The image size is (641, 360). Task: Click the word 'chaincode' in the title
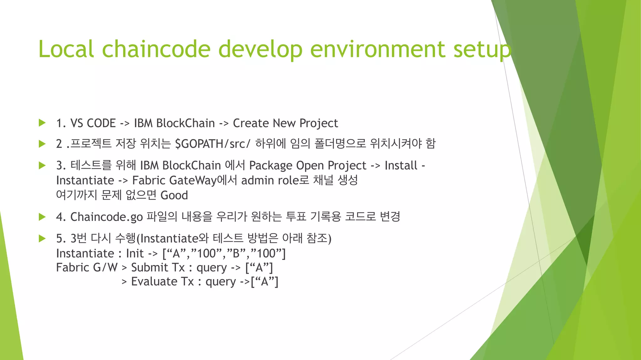tap(156, 49)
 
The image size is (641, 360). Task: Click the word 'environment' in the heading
tap(377, 49)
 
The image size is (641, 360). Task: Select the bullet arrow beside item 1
tap(42, 123)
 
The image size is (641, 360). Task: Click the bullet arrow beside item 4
tap(42, 217)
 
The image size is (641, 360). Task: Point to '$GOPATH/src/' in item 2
tap(213, 144)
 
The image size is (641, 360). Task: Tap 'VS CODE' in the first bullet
tap(93, 123)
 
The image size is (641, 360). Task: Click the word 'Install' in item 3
tap(401, 165)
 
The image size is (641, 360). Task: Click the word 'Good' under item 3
tap(174, 195)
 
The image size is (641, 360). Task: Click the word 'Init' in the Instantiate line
tap(135, 253)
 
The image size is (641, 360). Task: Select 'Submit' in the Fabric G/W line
tap(150, 267)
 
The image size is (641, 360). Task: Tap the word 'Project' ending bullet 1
tap(318, 123)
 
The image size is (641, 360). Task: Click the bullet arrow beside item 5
tap(42, 238)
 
